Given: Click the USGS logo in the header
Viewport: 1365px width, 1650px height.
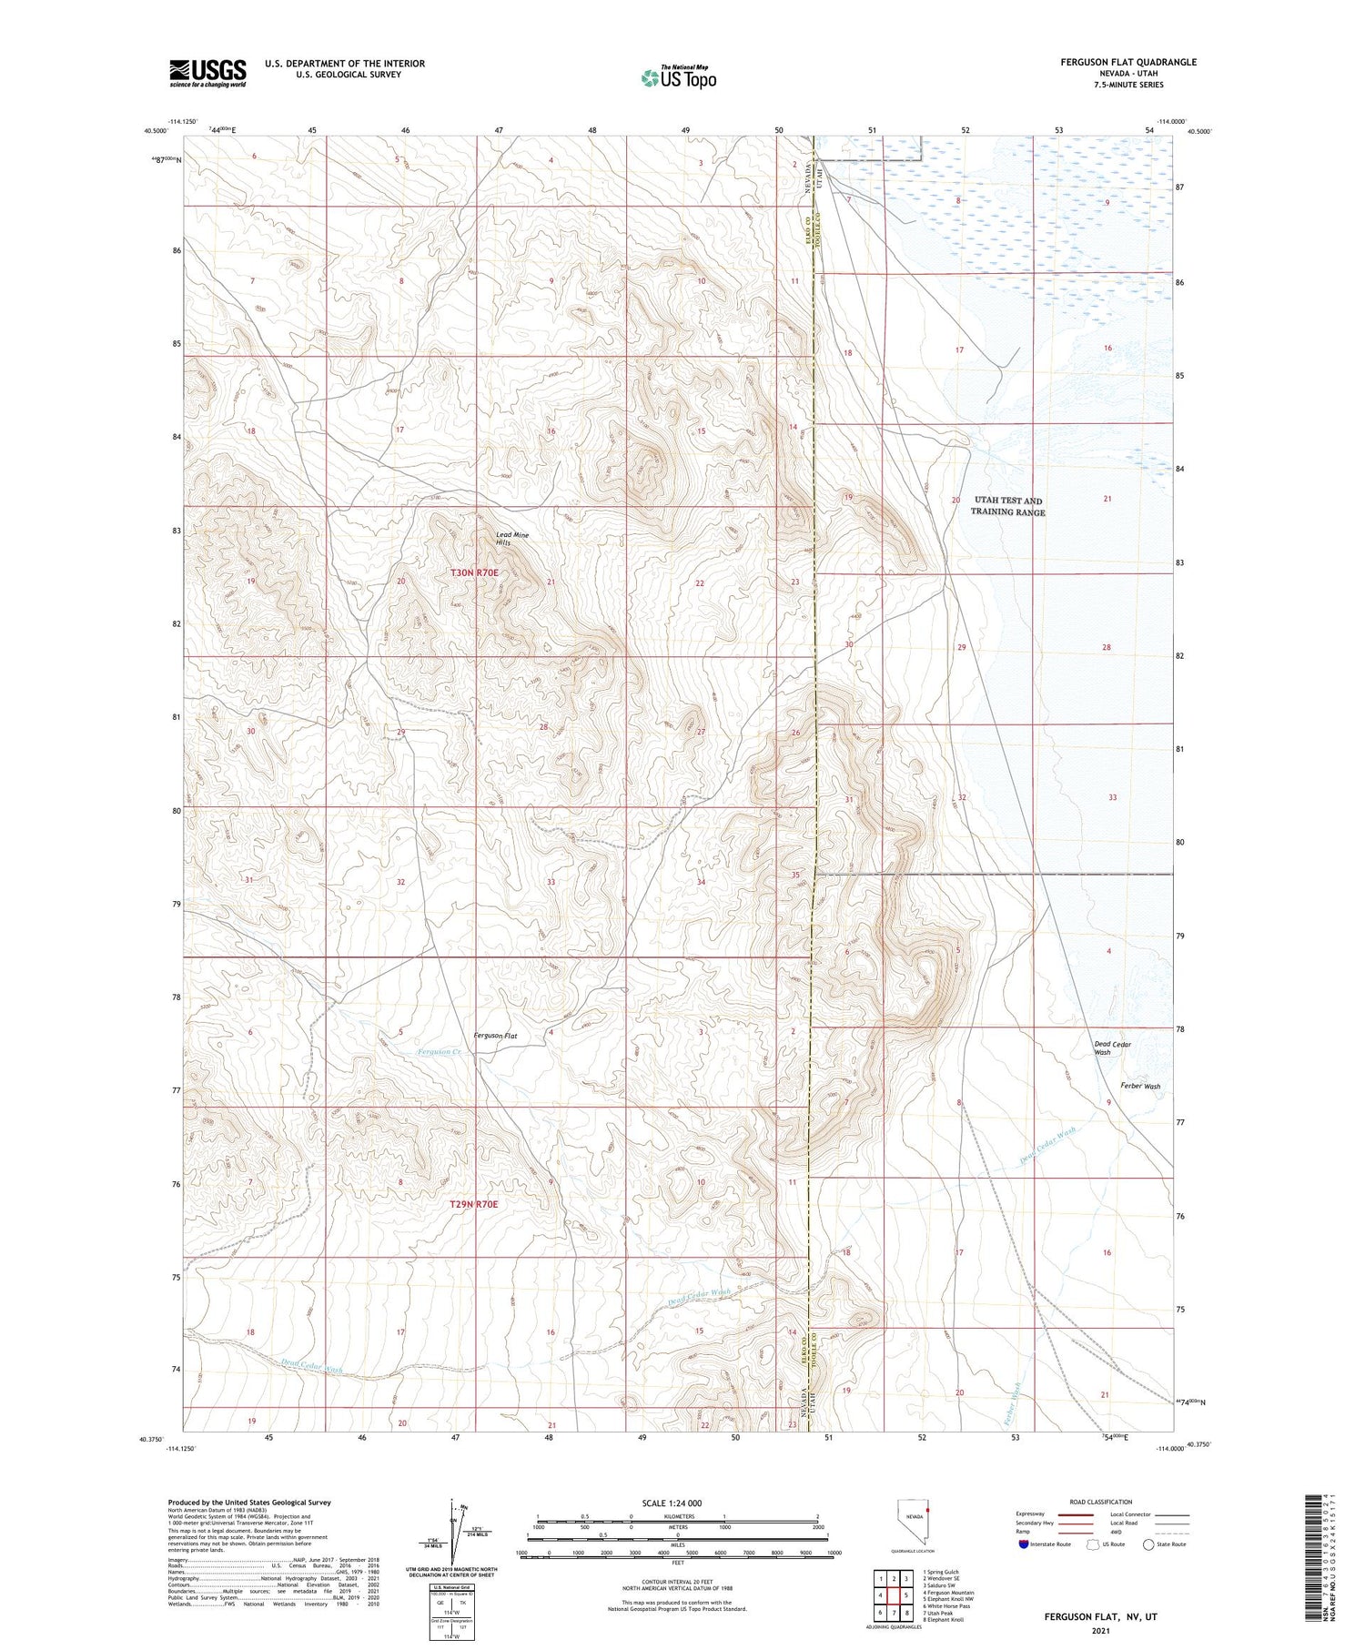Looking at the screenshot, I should [207, 73].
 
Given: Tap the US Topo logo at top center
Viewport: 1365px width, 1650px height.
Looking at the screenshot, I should [678, 78].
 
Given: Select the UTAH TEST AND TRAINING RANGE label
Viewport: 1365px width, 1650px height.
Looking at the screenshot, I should [1007, 506].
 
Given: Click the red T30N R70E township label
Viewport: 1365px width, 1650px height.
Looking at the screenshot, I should [474, 572].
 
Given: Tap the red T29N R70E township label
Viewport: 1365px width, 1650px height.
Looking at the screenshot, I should [474, 1204].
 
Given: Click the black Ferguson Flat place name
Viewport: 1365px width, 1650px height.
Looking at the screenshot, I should [495, 1036].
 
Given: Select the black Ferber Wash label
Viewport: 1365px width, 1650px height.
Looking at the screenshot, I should [1140, 1086].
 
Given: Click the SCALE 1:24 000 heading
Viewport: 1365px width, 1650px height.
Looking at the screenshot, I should [677, 1503].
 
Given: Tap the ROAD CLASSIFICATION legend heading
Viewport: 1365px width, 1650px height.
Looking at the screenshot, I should [1100, 1502].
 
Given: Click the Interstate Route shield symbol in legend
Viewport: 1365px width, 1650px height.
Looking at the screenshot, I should [1024, 1544].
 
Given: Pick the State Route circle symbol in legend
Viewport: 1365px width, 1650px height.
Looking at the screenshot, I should [1148, 1544].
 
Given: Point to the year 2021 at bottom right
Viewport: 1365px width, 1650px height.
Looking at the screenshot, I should [1099, 1630].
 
